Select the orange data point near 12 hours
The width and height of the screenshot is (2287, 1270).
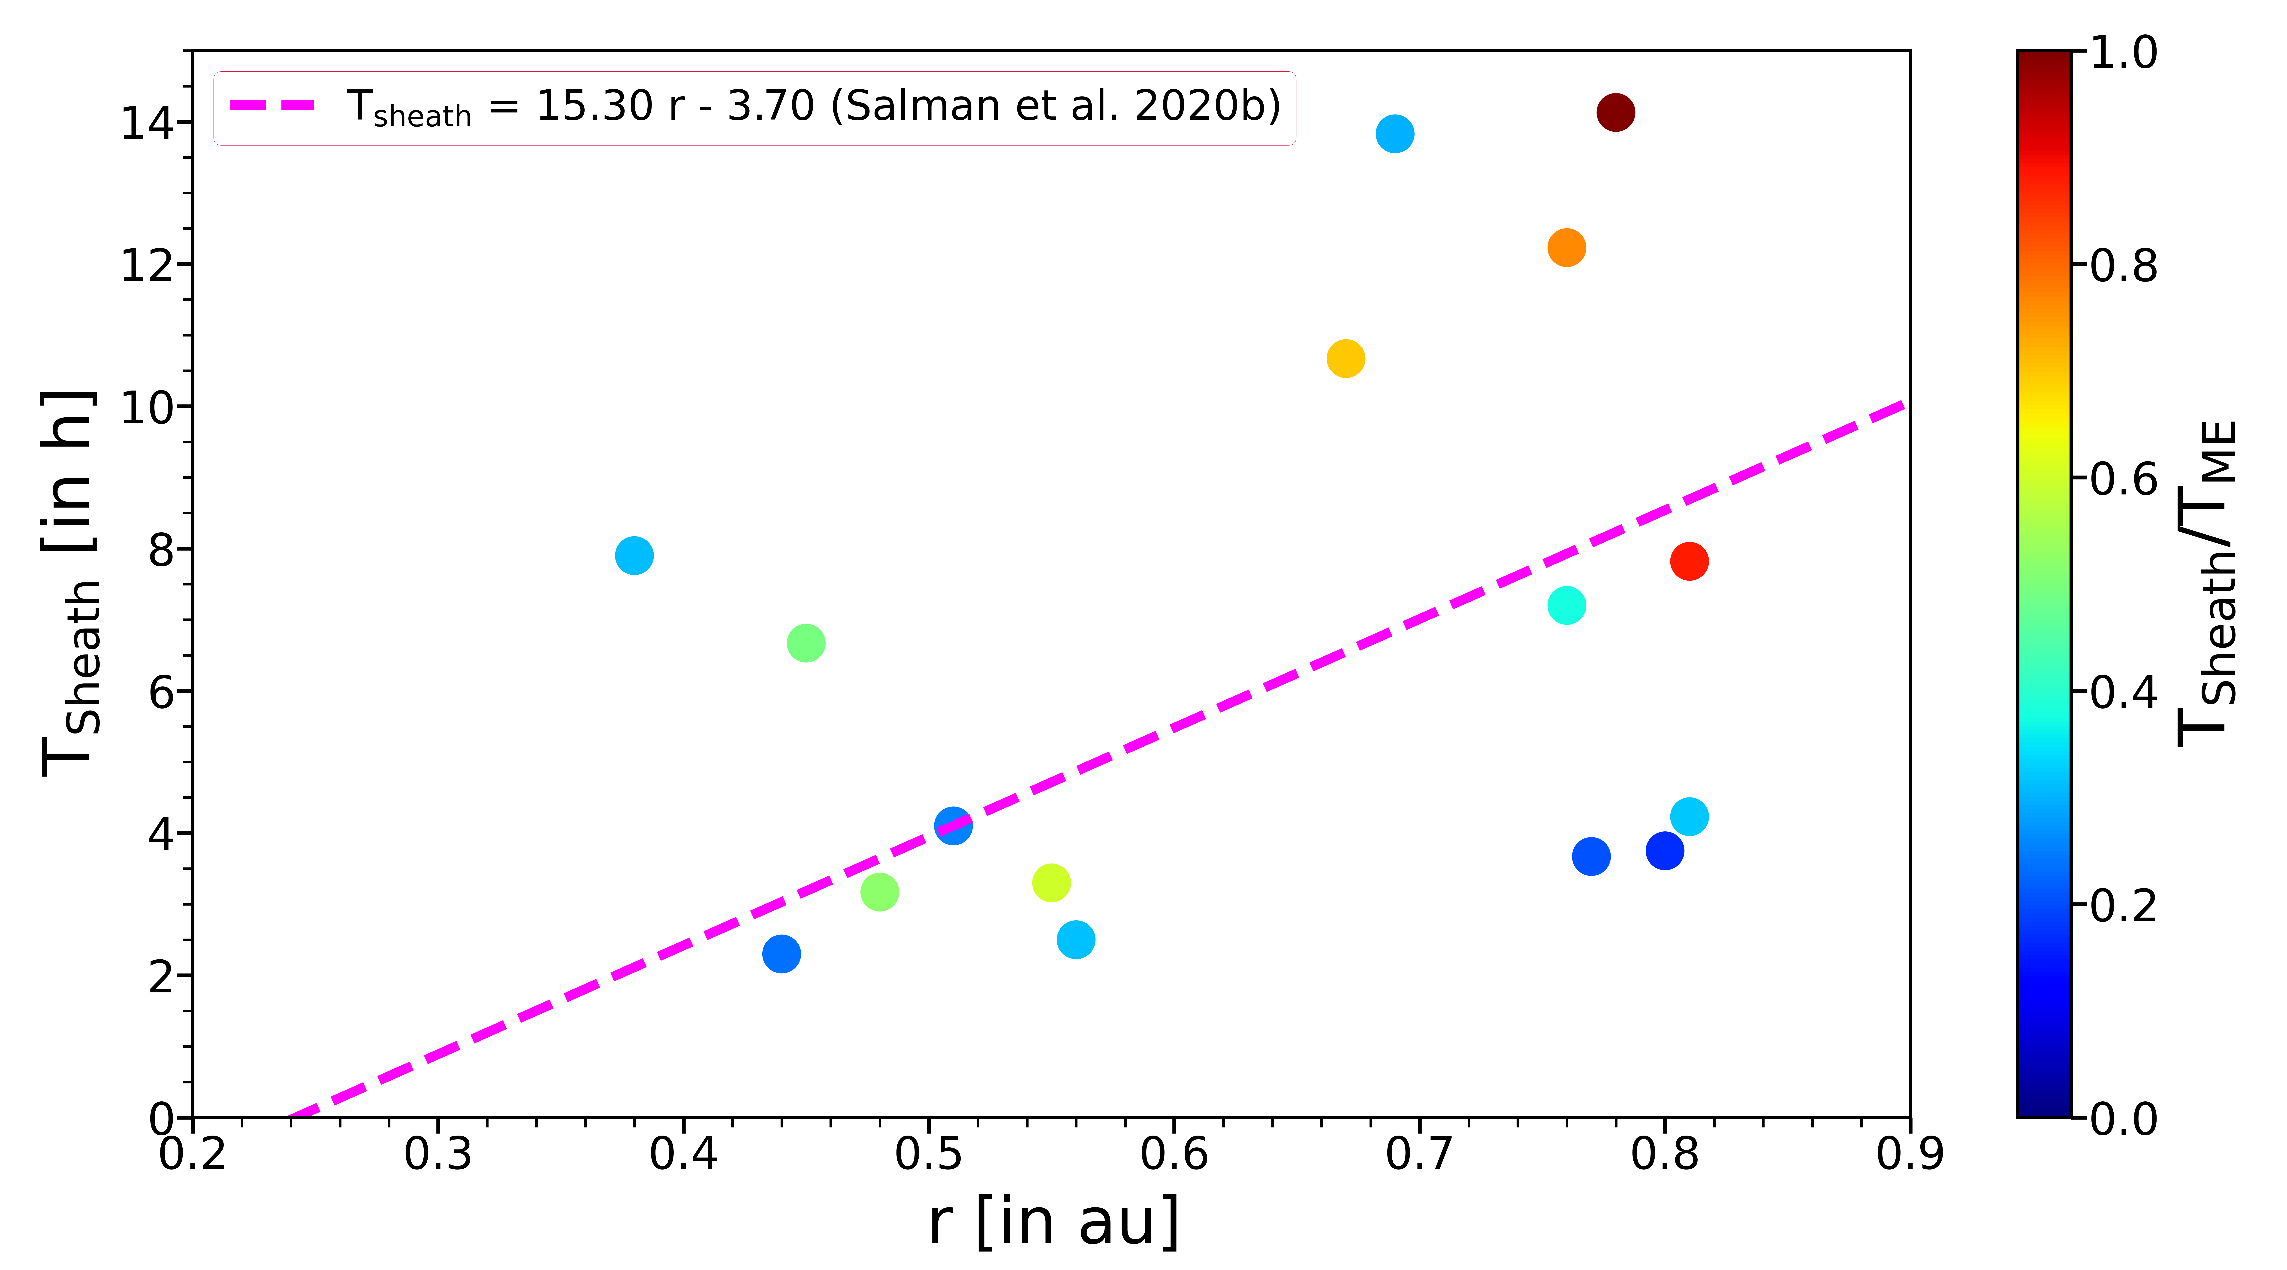1566,248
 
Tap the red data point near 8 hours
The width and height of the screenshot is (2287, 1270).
1689,561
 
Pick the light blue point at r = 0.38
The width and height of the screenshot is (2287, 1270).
634,556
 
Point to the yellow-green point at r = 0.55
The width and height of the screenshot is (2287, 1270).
1051,883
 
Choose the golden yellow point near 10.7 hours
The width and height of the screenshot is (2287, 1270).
1345,359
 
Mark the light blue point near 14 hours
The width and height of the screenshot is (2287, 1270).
1395,134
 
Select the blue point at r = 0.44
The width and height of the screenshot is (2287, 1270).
781,954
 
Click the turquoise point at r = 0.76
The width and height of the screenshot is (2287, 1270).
1566,606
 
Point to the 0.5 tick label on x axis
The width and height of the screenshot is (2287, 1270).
928,1154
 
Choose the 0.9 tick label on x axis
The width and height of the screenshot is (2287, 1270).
1909,1154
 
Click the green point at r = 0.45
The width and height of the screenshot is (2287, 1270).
805,643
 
